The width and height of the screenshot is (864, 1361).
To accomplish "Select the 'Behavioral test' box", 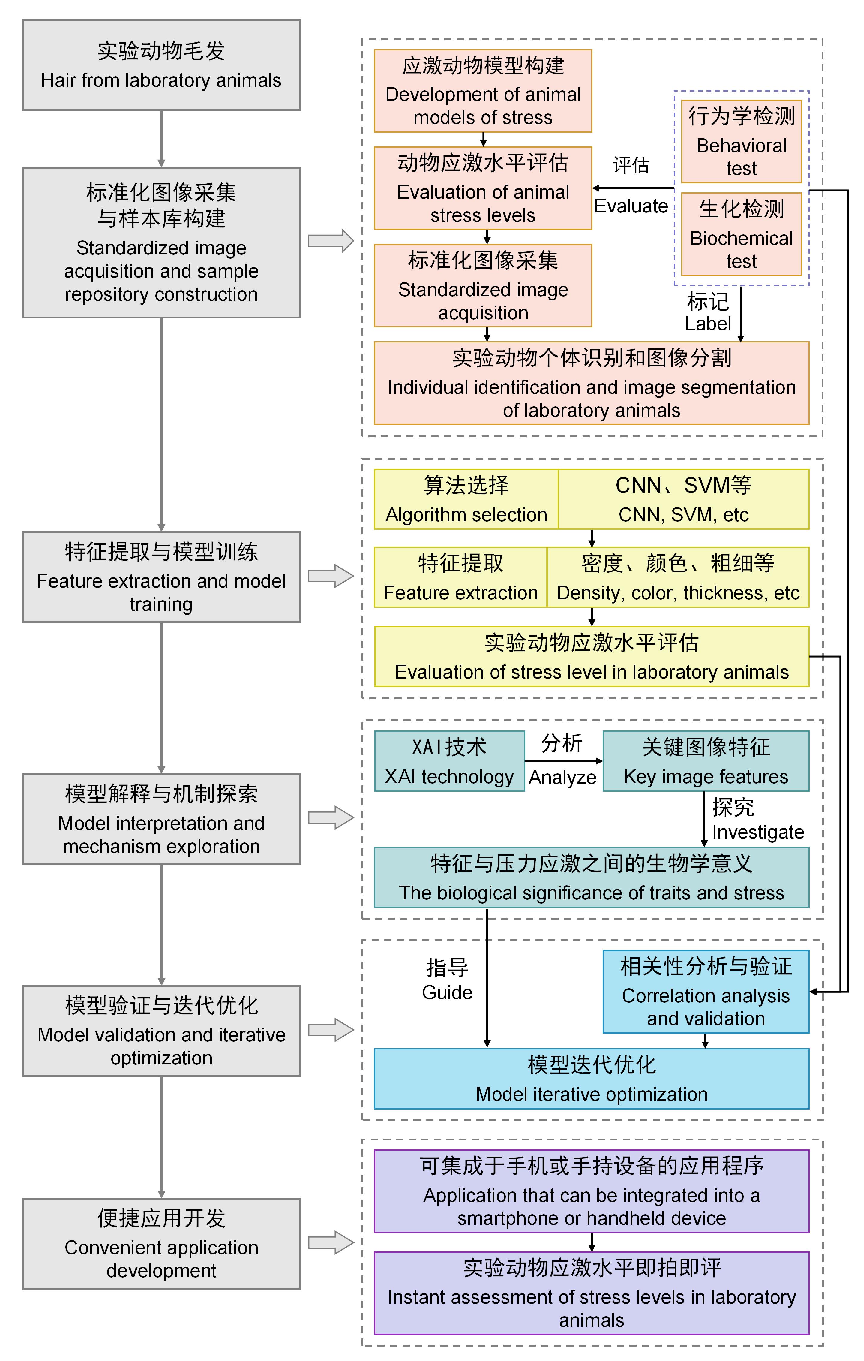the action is (741, 142).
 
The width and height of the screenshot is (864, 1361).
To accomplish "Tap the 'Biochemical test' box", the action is (741, 234).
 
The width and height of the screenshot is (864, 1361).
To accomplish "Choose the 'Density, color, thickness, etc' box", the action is (678, 577).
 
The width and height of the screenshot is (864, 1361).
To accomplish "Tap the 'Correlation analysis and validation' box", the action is (706, 992).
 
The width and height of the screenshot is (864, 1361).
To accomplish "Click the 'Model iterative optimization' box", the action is (592, 1079).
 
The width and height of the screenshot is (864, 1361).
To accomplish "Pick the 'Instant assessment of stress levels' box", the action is (592, 1293).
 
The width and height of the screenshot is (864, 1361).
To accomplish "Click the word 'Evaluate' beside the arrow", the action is (631, 206).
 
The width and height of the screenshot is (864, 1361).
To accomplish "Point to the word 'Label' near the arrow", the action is (708, 324).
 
